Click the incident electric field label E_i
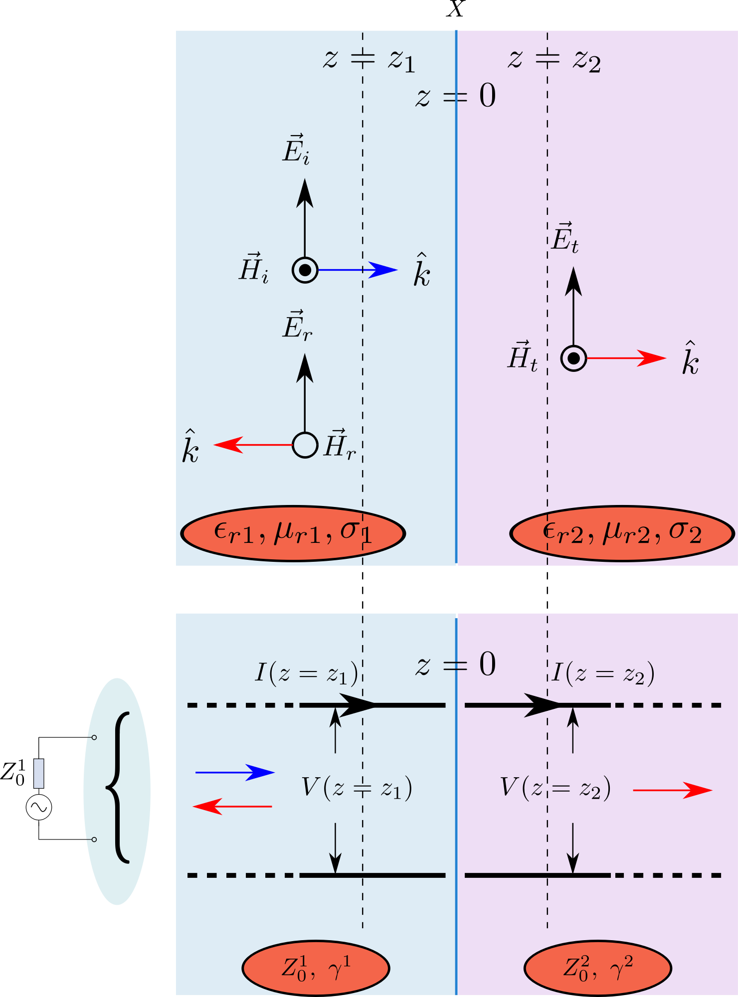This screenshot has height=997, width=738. click(296, 150)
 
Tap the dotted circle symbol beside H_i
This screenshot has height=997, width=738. click(305, 270)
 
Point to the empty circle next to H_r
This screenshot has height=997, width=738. click(305, 445)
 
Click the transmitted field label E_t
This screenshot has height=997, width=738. click(565, 238)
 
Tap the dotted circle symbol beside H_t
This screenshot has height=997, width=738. click(573, 358)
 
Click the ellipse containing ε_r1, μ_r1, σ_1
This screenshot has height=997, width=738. click(293, 533)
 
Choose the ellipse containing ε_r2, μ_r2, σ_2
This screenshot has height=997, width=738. click(622, 533)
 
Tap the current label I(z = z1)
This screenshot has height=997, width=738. click(306, 673)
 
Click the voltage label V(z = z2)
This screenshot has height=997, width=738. click(555, 788)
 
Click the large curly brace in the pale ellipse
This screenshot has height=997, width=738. click(118, 788)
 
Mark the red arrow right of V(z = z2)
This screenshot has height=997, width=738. click(672, 790)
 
